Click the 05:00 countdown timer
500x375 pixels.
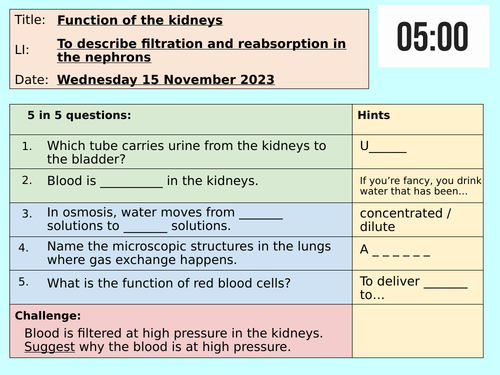(432, 37)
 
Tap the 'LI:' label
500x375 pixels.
(24, 49)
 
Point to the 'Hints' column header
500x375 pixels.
(375, 116)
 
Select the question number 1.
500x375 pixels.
(27, 147)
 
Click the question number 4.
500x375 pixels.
(27, 247)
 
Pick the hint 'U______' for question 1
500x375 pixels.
(383, 147)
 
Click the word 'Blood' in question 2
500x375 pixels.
(65, 181)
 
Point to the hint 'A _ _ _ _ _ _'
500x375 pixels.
(395, 250)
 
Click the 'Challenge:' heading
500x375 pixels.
(49, 314)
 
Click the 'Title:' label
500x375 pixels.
(28, 19)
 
